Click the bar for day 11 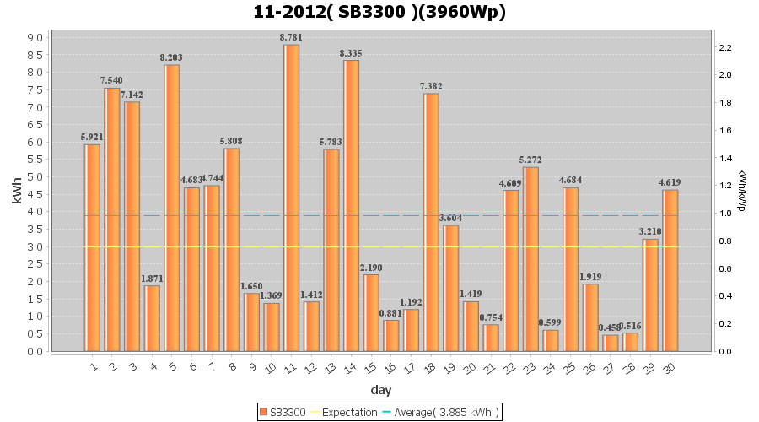292,197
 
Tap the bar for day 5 172,208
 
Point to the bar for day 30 670,270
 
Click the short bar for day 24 551,340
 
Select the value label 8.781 292,37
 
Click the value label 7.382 431,86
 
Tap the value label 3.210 650,231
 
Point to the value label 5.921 92,137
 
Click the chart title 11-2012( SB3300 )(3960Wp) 379,12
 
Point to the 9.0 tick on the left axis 35,37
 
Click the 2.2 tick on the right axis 725,47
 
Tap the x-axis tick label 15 370,368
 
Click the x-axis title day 380,390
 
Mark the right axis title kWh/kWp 741,190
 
